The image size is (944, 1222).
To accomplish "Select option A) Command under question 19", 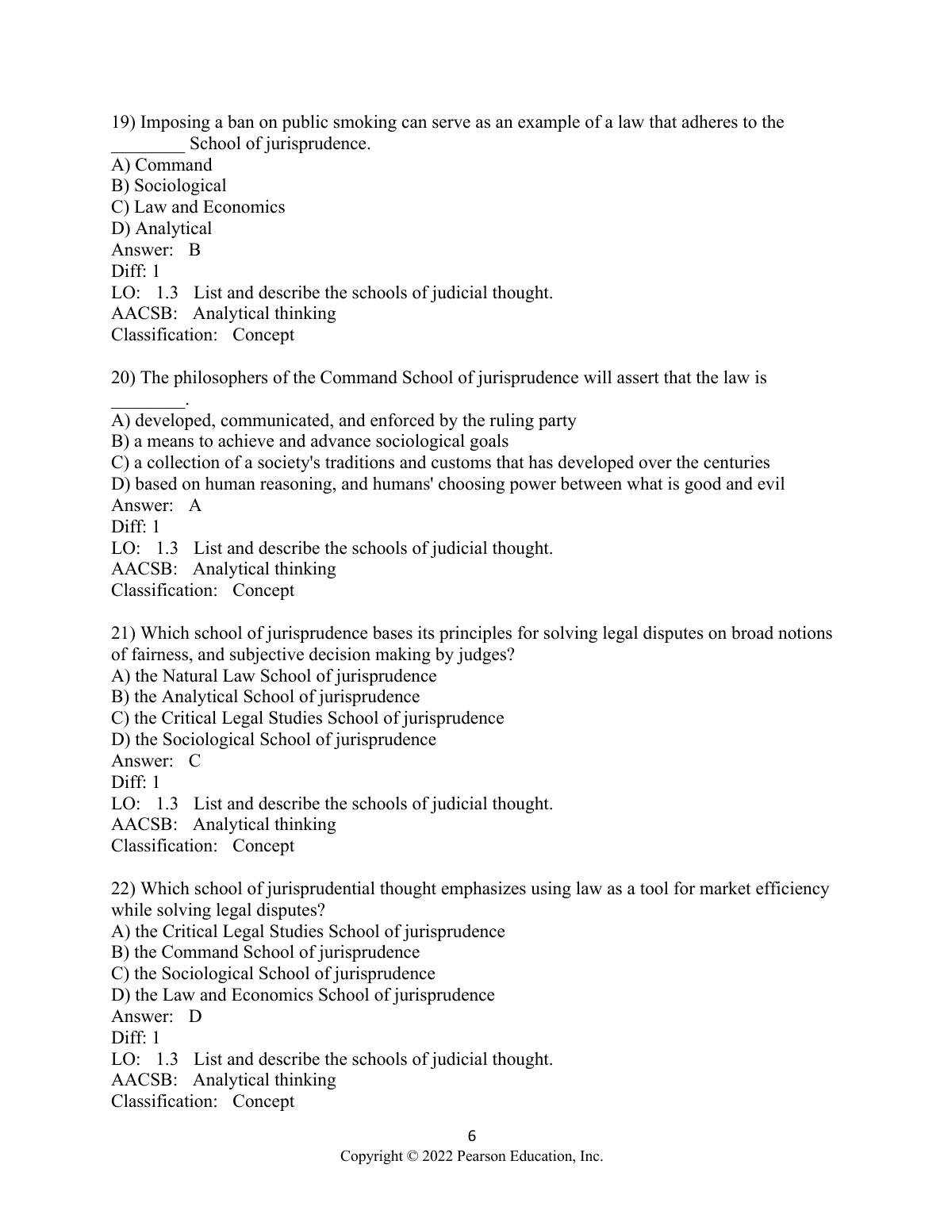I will coord(162,165).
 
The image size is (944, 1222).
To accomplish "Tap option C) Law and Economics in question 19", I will coord(198,207).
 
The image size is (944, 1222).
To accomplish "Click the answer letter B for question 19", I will coord(195,250).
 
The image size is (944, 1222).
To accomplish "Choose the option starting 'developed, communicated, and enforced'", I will coord(343,421).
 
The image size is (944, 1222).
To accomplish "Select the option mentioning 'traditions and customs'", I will coord(440,463).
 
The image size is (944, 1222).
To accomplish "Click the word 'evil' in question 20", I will coord(771,484).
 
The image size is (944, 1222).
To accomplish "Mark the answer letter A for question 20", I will coord(195,505).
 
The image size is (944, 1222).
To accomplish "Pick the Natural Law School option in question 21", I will coord(274,676).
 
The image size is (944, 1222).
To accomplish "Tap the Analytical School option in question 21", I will coord(265,697).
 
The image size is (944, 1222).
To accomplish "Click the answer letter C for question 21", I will coord(195,761).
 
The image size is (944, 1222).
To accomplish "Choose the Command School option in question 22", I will coord(265,952).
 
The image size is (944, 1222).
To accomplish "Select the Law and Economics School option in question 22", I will coord(302,995).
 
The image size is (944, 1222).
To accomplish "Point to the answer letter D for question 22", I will coord(195,1016).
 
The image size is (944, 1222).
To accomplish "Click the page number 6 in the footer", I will coord(472,1136).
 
